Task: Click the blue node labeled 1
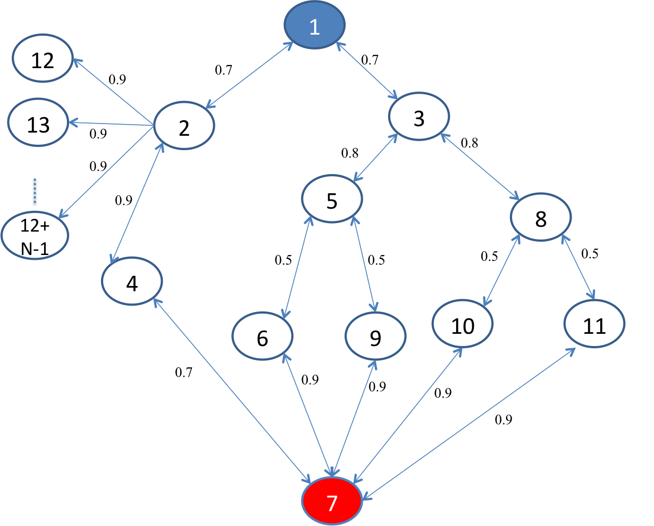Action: click(315, 25)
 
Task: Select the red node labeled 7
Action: click(332, 501)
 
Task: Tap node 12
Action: click(43, 60)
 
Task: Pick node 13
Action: click(38, 124)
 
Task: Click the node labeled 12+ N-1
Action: click(35, 236)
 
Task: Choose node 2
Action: click(184, 126)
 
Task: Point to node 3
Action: click(419, 117)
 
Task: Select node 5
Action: click(332, 199)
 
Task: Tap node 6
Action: click(262, 337)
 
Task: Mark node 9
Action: click(375, 336)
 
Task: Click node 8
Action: click(541, 217)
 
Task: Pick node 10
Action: click(463, 324)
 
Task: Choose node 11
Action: click(594, 324)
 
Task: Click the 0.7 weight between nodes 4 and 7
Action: click(183, 373)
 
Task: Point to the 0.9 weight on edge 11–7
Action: click(504, 420)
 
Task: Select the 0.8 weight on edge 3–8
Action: click(469, 143)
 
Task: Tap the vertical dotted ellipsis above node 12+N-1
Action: click(35, 192)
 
